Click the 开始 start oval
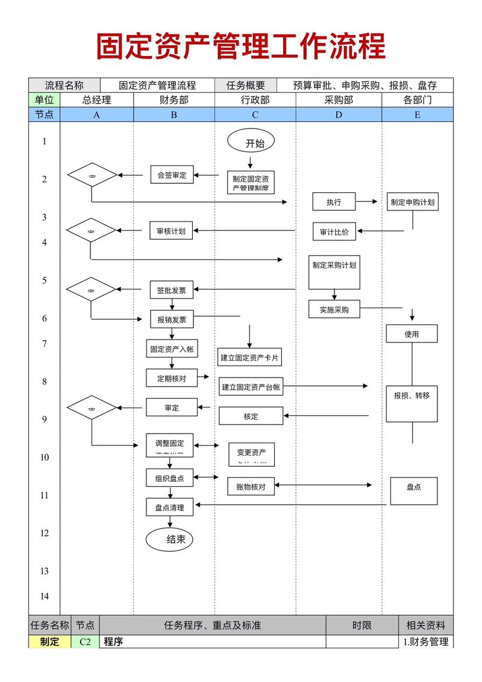tap(250, 142)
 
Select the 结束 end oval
tap(170, 539)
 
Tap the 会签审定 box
tap(172, 175)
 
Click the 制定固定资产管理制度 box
tap(250, 182)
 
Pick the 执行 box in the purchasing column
tap(334, 202)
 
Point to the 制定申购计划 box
tap(412, 202)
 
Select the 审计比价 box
tap(334, 232)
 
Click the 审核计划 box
tap(171, 231)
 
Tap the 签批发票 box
tap(171, 290)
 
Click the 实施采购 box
tap(334, 309)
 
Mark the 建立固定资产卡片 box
tap(249, 358)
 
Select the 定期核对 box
tap(171, 378)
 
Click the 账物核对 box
tap(251, 487)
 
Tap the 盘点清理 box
tap(170, 508)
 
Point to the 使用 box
tap(412, 333)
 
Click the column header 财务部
tap(174, 100)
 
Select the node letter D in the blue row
tap(339, 115)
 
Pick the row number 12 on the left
tap(44, 533)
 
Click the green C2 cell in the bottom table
tap(85, 642)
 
